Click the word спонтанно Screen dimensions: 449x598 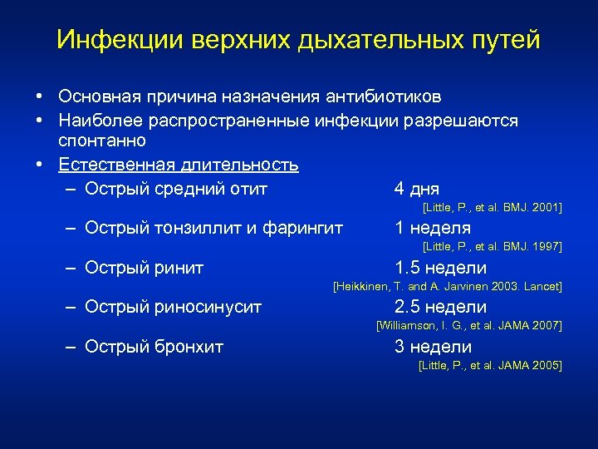point(102,141)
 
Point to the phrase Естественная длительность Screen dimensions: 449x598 point(179,165)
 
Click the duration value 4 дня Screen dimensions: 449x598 point(417,189)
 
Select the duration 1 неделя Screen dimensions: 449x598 point(433,228)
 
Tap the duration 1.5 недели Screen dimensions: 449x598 point(440,268)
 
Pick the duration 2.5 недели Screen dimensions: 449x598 point(440,308)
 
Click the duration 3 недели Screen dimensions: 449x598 point(433,347)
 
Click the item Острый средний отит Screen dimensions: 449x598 point(176,189)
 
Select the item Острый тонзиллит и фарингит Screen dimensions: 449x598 point(214,228)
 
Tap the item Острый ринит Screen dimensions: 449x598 point(145,268)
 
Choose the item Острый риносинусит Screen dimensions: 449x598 point(174,308)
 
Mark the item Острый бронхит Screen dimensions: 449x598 point(154,347)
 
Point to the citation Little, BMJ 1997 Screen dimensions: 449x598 point(492,247)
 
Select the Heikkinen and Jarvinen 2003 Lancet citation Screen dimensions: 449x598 point(447,287)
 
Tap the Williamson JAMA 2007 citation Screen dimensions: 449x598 point(469,326)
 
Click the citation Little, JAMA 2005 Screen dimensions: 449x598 point(490,366)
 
